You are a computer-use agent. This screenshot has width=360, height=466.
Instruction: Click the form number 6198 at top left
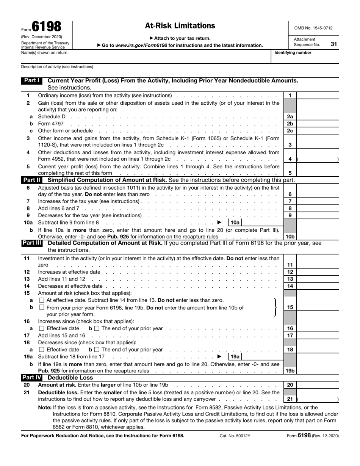click(46, 27)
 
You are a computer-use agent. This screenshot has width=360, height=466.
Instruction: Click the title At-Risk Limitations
click(180, 26)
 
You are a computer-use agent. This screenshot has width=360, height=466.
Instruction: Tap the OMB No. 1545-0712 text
click(313, 28)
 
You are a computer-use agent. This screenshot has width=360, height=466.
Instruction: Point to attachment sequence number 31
click(333, 44)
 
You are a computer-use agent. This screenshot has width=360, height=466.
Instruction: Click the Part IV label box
click(32, 378)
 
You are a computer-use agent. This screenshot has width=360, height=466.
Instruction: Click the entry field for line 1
click(318, 96)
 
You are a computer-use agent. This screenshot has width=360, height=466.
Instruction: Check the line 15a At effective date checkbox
click(42, 300)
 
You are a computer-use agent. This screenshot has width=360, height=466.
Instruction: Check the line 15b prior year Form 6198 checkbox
click(42, 308)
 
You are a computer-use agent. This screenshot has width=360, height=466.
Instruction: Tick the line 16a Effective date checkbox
click(42, 328)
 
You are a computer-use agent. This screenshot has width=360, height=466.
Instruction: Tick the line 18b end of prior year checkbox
click(97, 350)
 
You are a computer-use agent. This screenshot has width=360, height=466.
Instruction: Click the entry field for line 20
click(318, 385)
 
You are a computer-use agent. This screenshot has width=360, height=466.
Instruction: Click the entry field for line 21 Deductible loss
click(318, 399)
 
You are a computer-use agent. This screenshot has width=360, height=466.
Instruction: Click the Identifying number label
click(293, 53)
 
